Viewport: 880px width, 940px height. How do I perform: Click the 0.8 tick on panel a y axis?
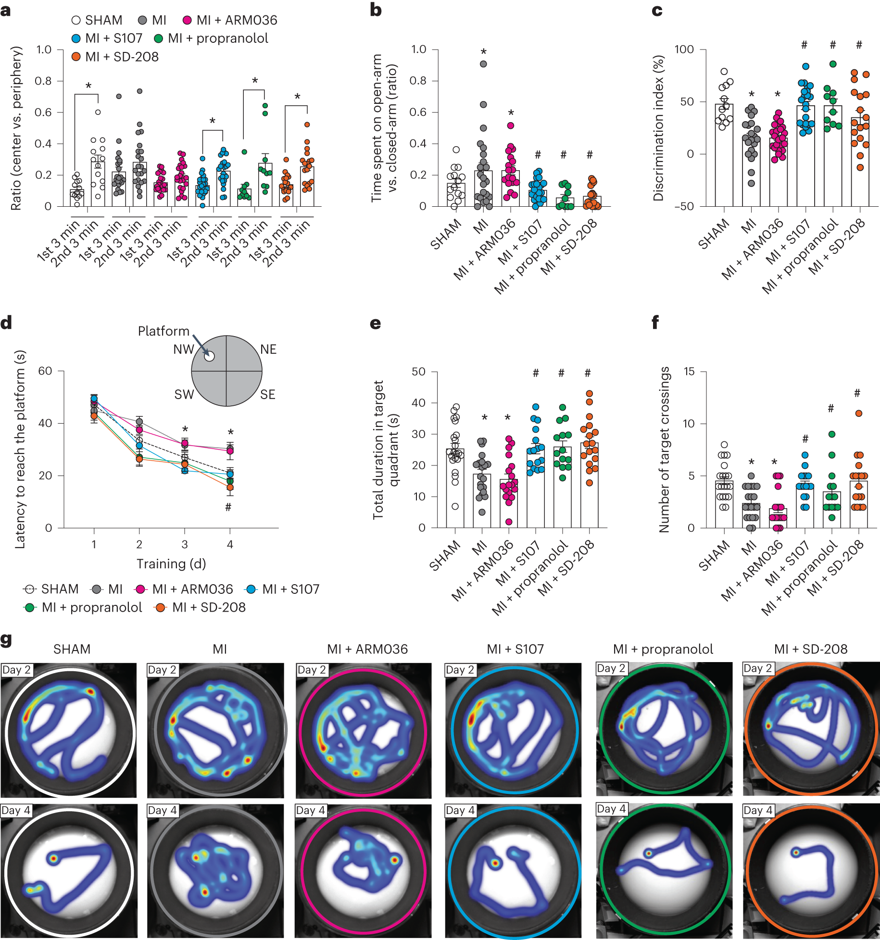click(43, 81)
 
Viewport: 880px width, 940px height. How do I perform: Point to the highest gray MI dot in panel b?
click(483, 64)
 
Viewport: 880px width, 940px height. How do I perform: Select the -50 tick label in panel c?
click(683, 206)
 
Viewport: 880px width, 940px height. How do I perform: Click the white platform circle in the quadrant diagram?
click(209, 356)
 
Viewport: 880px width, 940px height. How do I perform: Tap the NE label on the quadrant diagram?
click(268, 350)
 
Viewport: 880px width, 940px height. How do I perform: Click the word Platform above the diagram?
click(163, 331)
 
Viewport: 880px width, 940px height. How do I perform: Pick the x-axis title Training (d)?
click(171, 564)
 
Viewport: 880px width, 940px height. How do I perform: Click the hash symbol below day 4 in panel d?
click(228, 507)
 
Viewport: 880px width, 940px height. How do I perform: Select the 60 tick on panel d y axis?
click(45, 371)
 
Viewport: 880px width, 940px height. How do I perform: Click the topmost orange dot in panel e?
click(590, 394)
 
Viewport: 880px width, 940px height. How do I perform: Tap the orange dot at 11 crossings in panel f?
click(859, 414)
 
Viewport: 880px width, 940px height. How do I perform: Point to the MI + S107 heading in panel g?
click(515, 649)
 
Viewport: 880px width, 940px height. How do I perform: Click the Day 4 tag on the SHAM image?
click(16, 810)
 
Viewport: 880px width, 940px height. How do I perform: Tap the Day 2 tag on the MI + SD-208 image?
click(757, 668)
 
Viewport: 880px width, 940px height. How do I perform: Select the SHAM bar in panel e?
click(455, 488)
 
